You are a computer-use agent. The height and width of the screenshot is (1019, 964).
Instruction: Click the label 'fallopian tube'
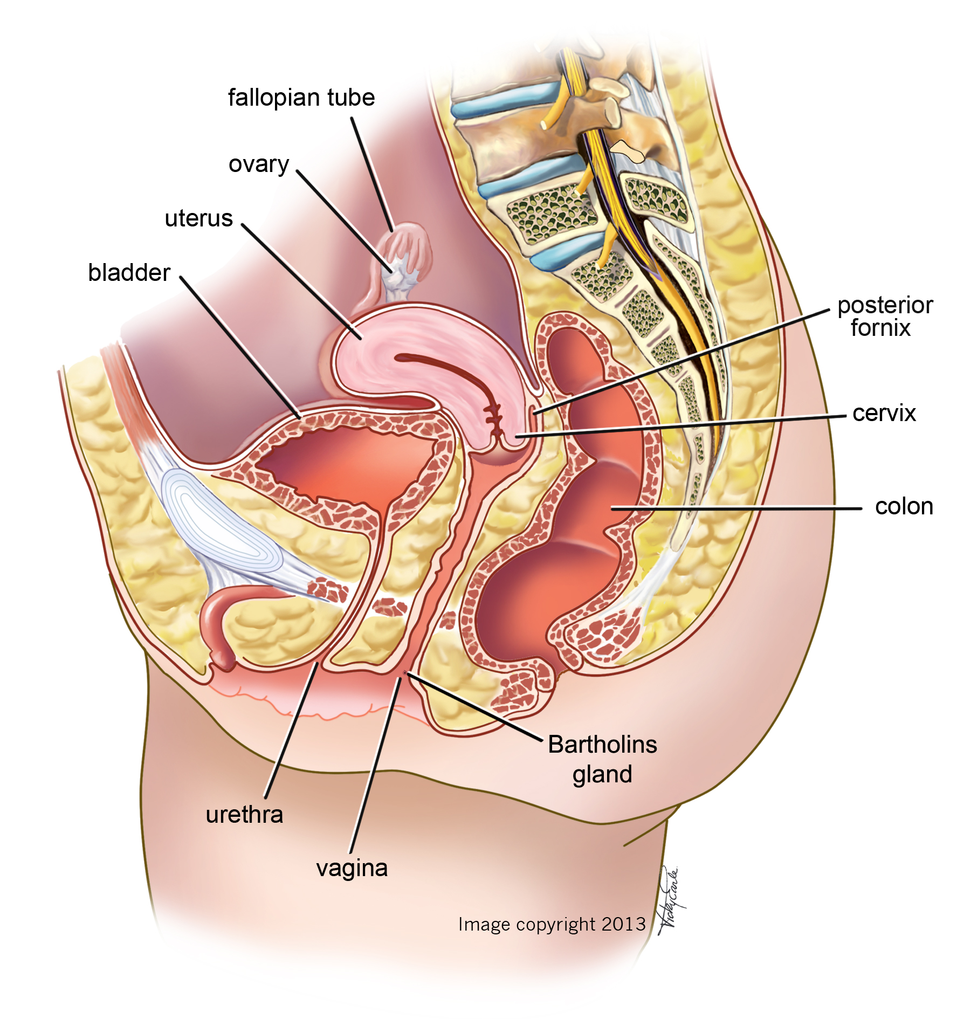pos(301,98)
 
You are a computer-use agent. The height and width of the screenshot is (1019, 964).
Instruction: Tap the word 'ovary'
pos(259,164)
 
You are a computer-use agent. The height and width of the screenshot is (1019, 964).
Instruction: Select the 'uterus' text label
pos(198,218)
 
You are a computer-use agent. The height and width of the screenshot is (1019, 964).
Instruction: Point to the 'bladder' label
pos(129,272)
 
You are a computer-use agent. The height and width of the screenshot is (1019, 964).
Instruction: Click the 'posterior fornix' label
pos(884,316)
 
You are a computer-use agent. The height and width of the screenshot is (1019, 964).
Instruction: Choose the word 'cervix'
pos(884,413)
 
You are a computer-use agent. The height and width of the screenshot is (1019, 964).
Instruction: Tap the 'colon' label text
pos(904,506)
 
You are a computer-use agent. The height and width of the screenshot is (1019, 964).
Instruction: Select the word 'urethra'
pos(244,814)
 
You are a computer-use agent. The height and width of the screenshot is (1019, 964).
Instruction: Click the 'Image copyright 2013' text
pos(552,924)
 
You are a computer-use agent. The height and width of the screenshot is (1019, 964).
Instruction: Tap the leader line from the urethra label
pos(291,733)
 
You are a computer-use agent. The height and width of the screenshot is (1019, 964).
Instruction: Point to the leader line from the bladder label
pos(240,345)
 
